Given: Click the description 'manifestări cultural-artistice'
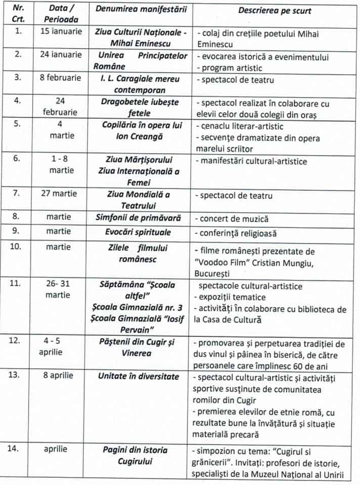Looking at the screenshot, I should coord(253,162).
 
